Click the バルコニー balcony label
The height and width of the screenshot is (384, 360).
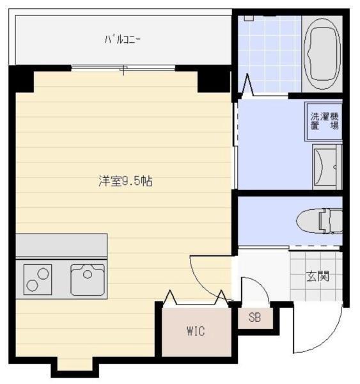point(123,40)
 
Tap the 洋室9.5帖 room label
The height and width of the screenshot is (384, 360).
point(125,181)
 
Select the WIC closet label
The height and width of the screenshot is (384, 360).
point(195,331)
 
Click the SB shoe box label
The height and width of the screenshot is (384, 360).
point(254,318)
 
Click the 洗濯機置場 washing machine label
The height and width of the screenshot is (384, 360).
point(325,121)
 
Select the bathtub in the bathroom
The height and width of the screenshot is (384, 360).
point(322,54)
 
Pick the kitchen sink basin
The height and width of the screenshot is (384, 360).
point(88,279)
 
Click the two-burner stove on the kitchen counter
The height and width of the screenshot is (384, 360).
point(38,279)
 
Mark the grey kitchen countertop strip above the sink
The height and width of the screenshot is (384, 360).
point(61,244)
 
